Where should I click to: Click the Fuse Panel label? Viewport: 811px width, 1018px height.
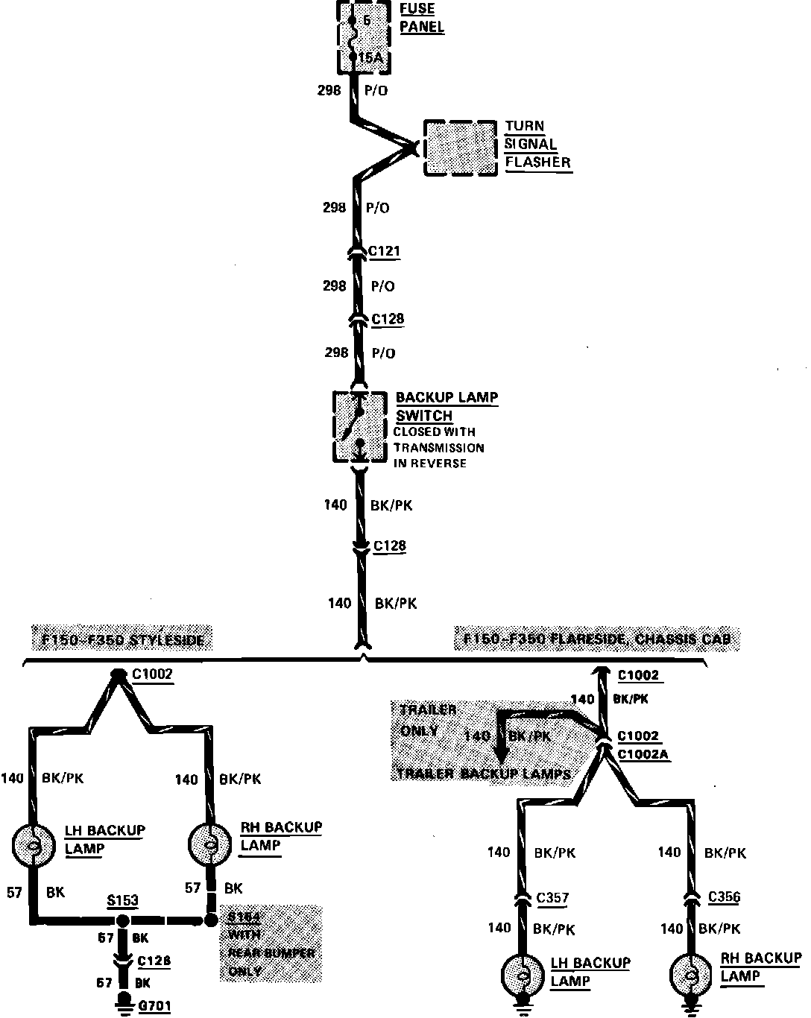tap(421, 19)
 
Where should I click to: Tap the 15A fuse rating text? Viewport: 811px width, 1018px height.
tap(370, 58)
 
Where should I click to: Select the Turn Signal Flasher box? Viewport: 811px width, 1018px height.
tap(460, 148)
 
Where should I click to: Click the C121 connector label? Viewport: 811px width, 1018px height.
tap(385, 251)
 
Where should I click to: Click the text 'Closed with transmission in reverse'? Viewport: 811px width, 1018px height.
tap(438, 447)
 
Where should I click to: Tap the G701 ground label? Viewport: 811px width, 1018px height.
tap(154, 1007)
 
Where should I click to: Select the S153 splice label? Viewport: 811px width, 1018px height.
tap(122, 900)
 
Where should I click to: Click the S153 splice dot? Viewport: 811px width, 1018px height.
tap(123, 921)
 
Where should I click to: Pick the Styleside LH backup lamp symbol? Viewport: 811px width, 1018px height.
tap(34, 844)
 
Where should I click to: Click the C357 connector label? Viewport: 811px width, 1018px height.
tap(552, 898)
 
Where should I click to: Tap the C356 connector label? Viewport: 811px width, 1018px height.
tap(724, 897)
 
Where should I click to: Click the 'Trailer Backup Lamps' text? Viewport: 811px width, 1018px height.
tap(484, 774)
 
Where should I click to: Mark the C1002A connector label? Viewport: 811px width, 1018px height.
tap(643, 754)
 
